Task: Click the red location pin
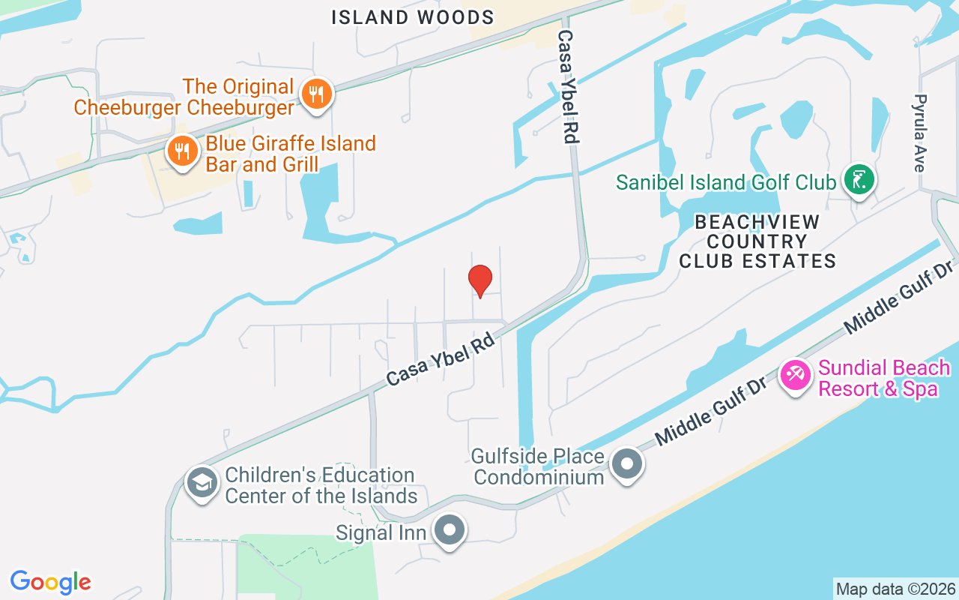[480, 281]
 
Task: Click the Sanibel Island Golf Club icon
[859, 181]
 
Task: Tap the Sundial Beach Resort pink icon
[796, 373]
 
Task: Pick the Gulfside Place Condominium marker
[627, 464]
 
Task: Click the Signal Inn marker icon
[450, 530]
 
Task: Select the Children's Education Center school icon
[202, 484]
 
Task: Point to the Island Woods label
[413, 17]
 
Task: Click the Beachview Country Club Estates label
[757, 241]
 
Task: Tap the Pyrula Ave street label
[921, 133]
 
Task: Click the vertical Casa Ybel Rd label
[569, 86]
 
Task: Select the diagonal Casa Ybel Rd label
[444, 355]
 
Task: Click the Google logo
[51, 582]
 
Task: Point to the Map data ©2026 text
[895, 589]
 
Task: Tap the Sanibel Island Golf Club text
[725, 182]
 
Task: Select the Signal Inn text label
[381, 532]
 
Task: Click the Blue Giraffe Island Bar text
[291, 154]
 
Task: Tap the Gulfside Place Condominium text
[539, 466]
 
